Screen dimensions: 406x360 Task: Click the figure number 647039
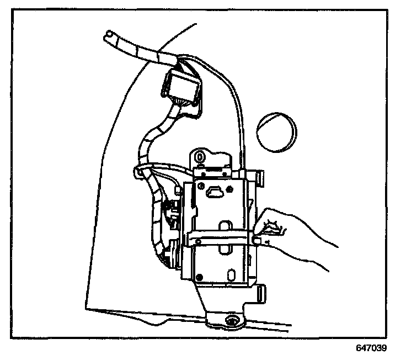371,349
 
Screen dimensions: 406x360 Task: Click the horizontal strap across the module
221,238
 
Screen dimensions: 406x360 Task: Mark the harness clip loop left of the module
139,172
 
